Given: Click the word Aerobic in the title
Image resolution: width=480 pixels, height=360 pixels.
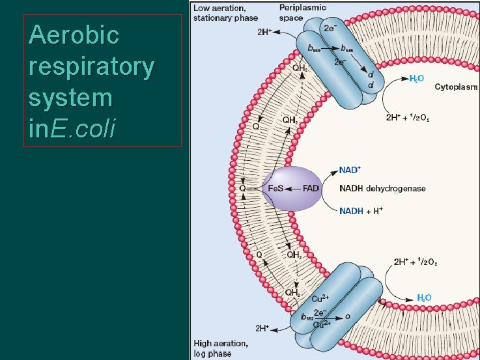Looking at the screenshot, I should pos(74,35).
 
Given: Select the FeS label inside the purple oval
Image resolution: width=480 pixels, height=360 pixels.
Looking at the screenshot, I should pos(276,188).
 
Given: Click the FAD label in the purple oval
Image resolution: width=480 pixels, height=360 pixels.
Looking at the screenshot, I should pos(311,188).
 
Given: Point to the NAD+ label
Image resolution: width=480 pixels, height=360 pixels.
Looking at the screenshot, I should pos(350,170).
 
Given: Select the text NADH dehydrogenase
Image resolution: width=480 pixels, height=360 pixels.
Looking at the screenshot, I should pos(382,188).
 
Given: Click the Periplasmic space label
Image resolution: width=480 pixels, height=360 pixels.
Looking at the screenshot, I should pos(303,12).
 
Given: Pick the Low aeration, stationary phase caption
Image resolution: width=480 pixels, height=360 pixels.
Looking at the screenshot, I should pos(224,12).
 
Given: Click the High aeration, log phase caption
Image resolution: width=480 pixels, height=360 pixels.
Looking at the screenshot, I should pos(220,348).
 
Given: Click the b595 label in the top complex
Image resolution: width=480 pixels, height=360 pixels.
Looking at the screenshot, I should pos(345,49).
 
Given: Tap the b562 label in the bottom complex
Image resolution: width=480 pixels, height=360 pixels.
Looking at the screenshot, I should pos(307,318).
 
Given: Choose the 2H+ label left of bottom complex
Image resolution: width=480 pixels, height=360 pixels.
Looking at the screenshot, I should pos(263,327).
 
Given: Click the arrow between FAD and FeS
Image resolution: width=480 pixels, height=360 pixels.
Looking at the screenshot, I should pos(293,188).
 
